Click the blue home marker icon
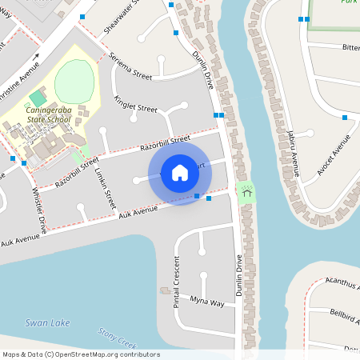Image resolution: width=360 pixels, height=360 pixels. (x=179, y=172)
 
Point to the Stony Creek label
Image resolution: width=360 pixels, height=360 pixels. (x=117, y=336)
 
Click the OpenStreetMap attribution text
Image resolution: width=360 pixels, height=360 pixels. (x=70, y=354)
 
